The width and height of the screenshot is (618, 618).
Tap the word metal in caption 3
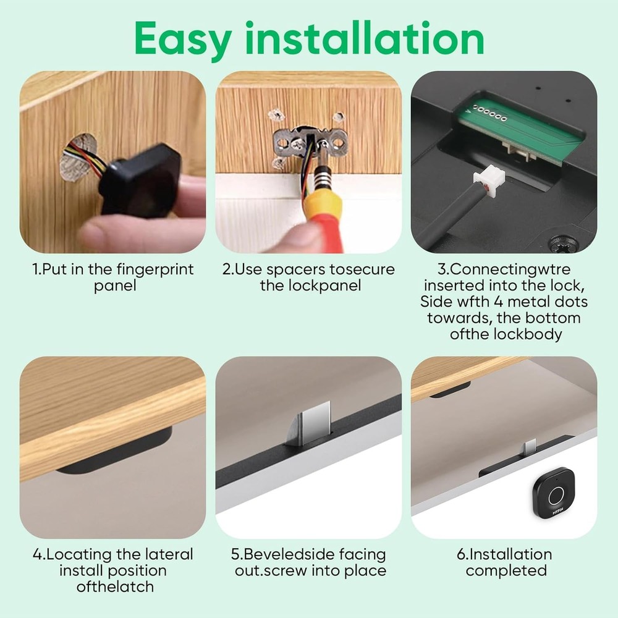tap(539, 302)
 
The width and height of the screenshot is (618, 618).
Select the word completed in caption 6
tap(506, 570)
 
